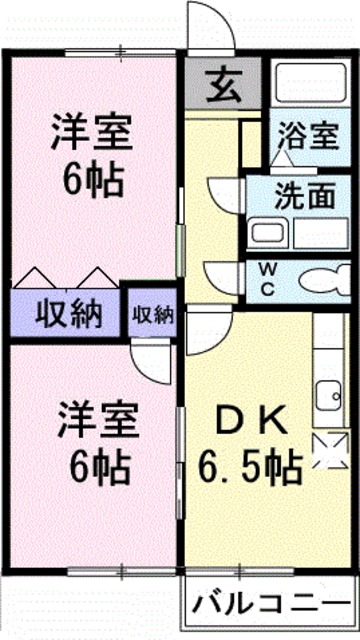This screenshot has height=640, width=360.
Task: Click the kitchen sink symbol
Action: coord(326,396)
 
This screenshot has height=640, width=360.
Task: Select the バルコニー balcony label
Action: coord(272,603)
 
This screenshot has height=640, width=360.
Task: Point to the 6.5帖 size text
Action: coord(250,466)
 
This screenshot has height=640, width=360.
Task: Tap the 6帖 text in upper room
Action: coord(92,180)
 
